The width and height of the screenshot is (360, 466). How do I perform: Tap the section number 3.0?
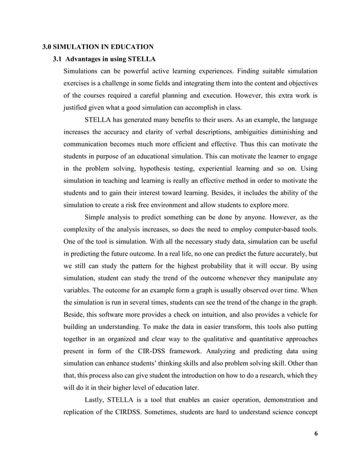point(49,46)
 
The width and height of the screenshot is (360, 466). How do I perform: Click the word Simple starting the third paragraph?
point(96,217)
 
